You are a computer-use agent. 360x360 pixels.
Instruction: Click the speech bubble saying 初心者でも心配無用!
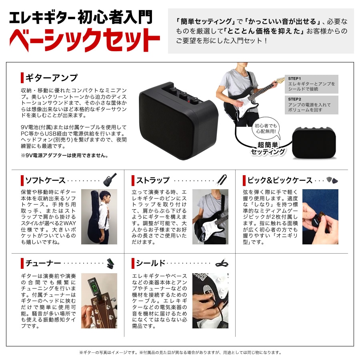(266, 128)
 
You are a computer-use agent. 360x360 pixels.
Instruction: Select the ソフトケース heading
(45, 180)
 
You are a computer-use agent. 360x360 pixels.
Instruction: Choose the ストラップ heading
(152, 180)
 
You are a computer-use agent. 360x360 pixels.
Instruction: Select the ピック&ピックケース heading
(280, 180)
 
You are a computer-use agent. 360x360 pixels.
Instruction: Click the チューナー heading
(43, 263)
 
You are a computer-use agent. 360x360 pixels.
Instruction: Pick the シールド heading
(150, 263)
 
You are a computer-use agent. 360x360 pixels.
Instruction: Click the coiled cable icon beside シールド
(222, 263)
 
